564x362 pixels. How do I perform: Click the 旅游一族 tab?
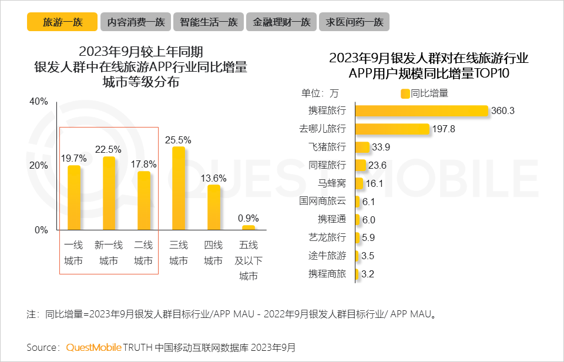tap(62, 22)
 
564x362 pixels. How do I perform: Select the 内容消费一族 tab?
tap(136, 22)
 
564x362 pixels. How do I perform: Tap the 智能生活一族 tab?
tap(209, 22)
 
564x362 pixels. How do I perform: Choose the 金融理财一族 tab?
tap(281, 22)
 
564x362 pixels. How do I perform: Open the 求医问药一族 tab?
tap(354, 22)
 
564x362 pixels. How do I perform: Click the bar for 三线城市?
tap(179, 188)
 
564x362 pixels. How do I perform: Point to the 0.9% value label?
tap(249, 218)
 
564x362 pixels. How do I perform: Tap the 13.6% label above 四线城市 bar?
tap(214, 177)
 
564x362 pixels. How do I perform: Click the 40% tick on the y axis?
tap(39, 102)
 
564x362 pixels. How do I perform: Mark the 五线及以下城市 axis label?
tap(249, 260)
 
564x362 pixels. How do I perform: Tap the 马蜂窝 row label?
tap(332, 183)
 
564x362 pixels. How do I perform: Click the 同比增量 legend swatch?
tap(405, 93)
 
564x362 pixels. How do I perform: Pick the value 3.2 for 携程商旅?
tap(368, 274)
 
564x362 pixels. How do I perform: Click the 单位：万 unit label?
tap(320, 93)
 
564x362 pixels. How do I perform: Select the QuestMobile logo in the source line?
tap(93, 347)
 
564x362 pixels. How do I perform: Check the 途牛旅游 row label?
tap(327, 256)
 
